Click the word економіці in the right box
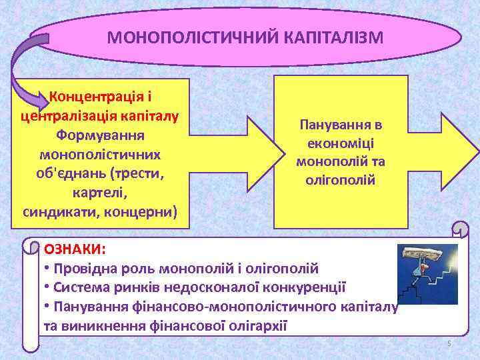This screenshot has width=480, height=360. [341, 143]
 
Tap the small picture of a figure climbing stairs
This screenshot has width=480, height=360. [427, 273]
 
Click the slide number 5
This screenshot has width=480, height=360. [449, 343]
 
